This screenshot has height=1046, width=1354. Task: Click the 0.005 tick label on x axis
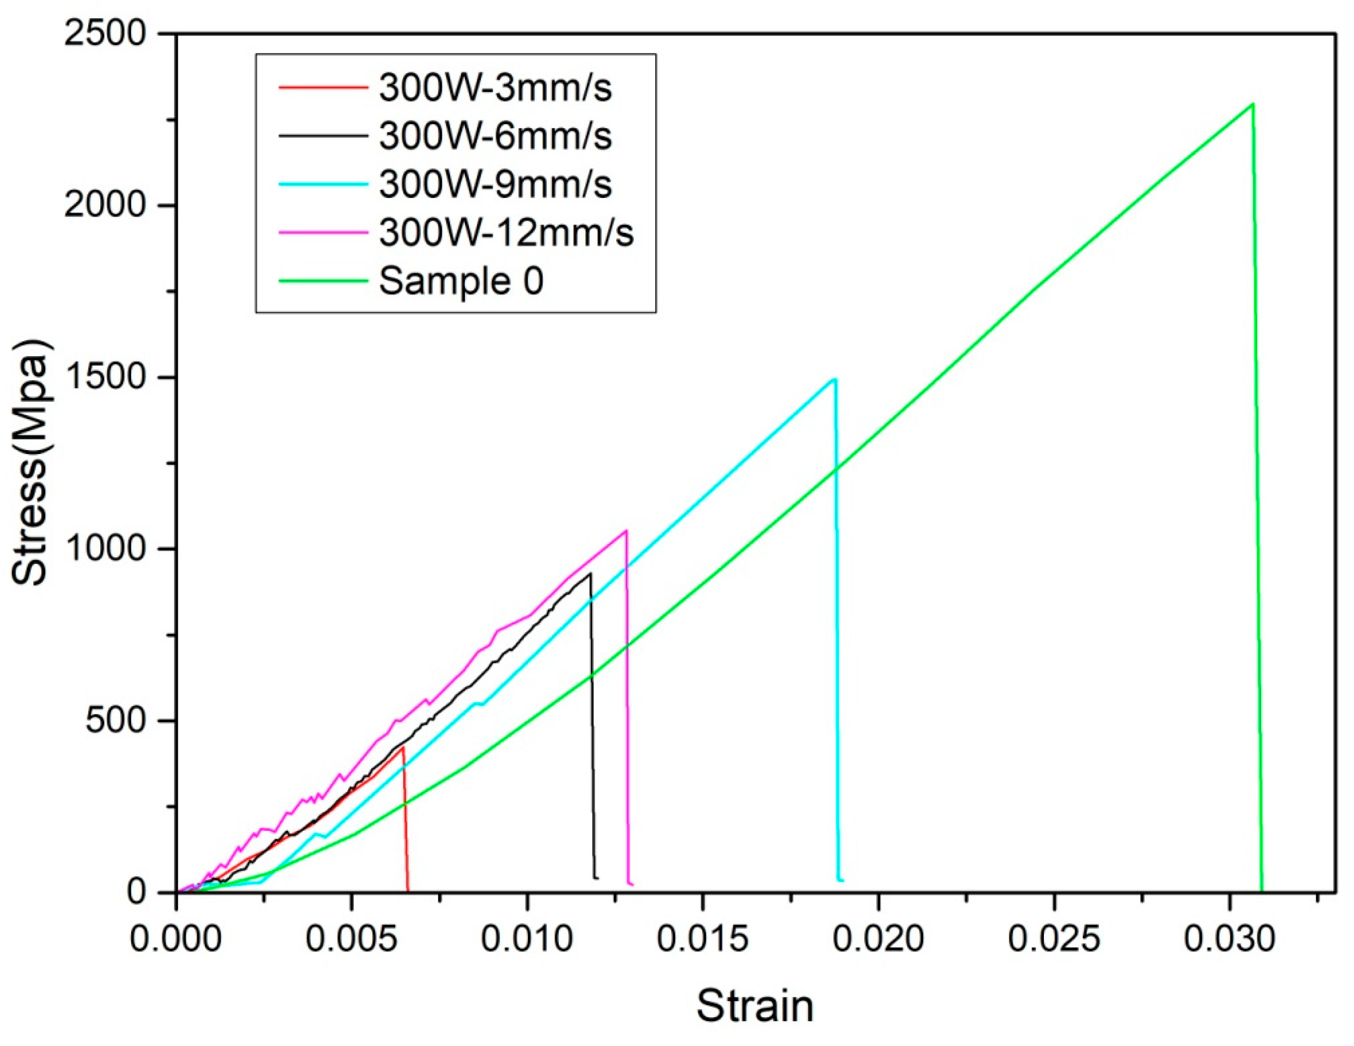tap(351, 939)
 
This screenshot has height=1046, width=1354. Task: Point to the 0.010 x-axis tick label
tap(527, 939)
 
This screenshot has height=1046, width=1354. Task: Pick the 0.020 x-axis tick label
tap(878, 939)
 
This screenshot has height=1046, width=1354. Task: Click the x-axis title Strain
tap(754, 1006)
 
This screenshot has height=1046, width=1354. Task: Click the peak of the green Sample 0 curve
tap(1253, 104)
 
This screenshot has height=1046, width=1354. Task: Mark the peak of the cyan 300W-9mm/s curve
tap(835, 379)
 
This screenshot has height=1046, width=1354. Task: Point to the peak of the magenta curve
tap(626, 531)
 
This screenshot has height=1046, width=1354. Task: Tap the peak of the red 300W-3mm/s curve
tap(403, 747)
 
